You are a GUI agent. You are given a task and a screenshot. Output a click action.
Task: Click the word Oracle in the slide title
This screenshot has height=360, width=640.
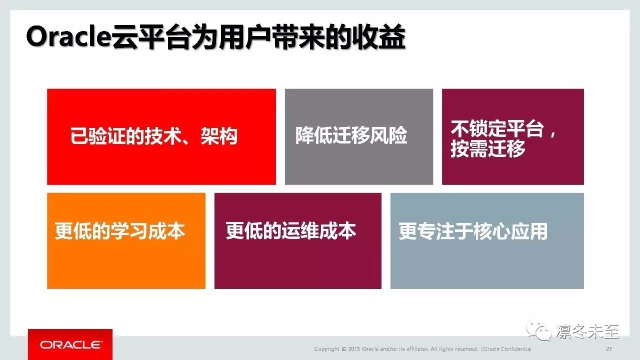point(68,37)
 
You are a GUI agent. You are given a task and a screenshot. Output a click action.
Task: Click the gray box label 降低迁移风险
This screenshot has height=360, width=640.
point(351,135)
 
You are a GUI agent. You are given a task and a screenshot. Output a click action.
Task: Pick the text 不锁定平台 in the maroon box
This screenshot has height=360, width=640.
point(497,129)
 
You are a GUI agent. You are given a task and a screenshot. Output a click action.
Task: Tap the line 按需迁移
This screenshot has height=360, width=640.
point(488,148)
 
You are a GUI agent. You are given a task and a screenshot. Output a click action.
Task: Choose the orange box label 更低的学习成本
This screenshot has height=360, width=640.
point(119,231)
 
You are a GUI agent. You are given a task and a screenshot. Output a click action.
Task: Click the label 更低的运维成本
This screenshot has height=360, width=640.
point(291,231)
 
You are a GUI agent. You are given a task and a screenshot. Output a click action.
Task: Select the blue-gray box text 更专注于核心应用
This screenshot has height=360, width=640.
point(473,231)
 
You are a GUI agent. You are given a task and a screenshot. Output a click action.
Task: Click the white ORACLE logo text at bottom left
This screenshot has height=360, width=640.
point(70,345)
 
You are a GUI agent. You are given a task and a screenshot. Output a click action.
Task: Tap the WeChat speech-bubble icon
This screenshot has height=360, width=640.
point(538,331)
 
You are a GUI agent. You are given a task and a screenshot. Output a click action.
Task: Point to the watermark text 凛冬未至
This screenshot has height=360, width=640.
point(587,331)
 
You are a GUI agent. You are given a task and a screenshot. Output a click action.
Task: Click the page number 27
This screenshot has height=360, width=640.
point(609,349)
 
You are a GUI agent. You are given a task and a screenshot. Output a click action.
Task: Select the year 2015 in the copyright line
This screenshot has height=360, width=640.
point(354,349)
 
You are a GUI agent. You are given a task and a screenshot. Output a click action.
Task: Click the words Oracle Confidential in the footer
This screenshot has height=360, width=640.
point(507,349)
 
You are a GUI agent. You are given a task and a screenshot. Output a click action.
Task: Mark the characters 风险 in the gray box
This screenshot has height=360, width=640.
point(388,135)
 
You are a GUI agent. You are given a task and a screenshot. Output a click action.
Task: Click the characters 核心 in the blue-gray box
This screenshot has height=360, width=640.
point(491,231)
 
